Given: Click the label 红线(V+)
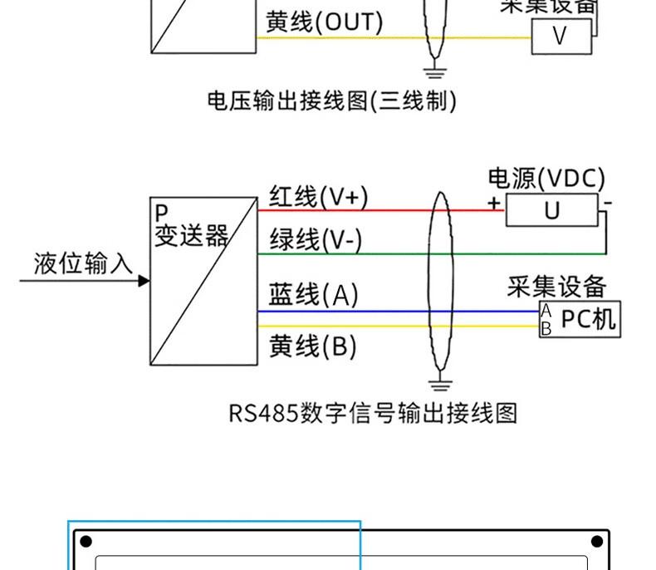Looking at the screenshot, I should [318, 197].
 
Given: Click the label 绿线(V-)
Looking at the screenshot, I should [316, 240].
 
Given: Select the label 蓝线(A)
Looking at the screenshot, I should [313, 295].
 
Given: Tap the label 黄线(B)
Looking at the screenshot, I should [312, 346].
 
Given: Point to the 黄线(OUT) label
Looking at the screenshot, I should [324, 22].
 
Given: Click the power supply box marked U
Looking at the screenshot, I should [551, 211].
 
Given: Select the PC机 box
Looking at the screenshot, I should [580, 319].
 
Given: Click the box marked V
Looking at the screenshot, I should [561, 37].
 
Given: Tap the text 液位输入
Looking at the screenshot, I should [83, 263].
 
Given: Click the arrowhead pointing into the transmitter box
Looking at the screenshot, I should [144, 281].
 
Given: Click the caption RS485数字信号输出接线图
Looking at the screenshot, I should [372, 413].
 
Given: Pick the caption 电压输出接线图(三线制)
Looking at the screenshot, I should [331, 101].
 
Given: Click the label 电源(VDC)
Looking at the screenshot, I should [546, 179].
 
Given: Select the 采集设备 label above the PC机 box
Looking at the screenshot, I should [556, 287].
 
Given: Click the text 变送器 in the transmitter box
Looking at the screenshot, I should [191, 236].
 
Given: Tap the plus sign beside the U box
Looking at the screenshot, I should [494, 203].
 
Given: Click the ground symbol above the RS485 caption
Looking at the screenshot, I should [440, 385].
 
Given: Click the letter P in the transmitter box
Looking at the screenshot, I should [160, 214].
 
